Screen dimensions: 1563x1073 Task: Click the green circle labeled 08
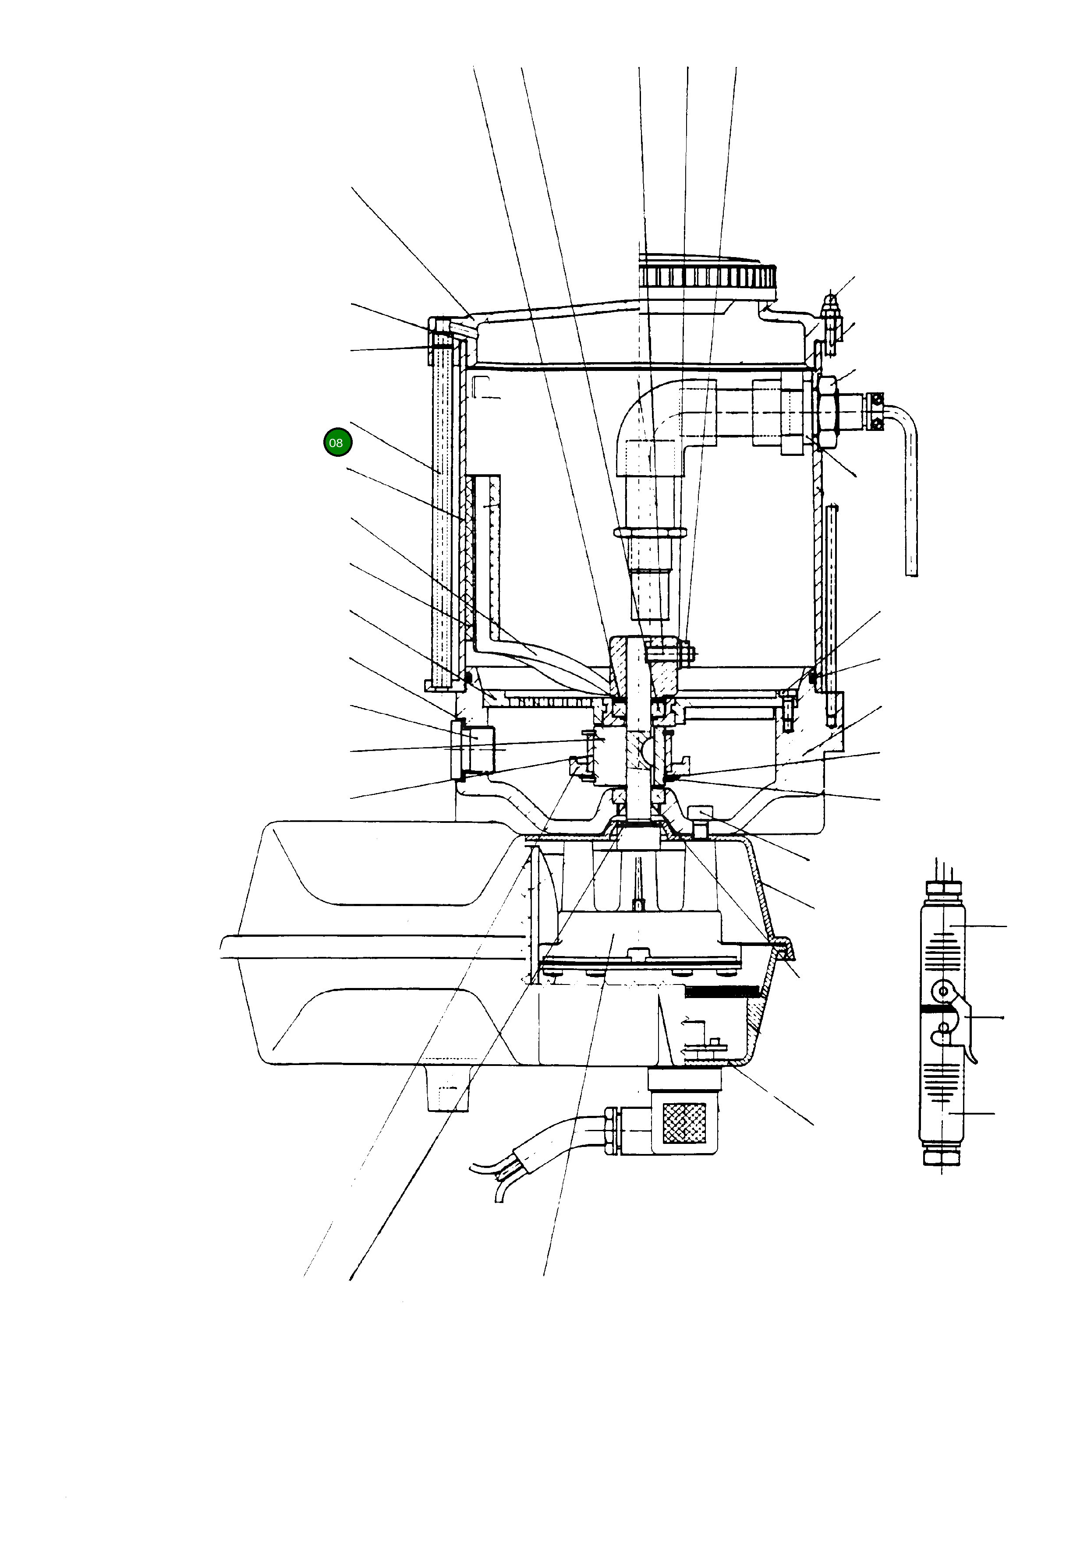pyautogui.click(x=337, y=442)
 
